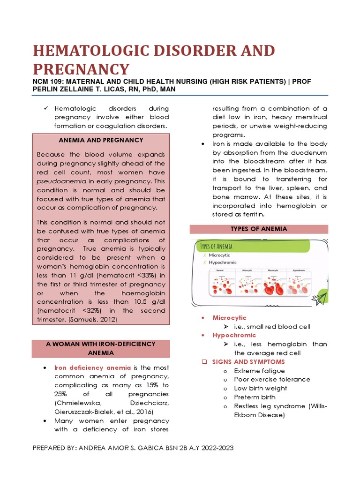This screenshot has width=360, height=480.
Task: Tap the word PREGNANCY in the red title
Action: coord(80,69)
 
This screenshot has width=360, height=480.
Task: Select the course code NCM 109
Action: coord(49,82)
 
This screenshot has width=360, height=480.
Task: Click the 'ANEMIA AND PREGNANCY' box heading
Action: coord(101,140)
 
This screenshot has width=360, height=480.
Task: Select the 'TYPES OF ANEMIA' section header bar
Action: coord(259,229)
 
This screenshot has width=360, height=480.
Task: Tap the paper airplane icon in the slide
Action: coord(320,298)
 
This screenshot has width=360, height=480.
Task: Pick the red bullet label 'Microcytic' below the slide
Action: coord(229,318)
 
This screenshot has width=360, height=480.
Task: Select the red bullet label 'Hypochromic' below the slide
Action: coord(234,335)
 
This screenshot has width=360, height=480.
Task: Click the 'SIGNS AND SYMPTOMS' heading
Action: coord(248,362)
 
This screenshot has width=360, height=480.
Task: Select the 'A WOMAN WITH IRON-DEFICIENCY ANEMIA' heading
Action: coord(101,348)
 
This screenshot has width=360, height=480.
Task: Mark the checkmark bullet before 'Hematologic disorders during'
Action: coord(46,108)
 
